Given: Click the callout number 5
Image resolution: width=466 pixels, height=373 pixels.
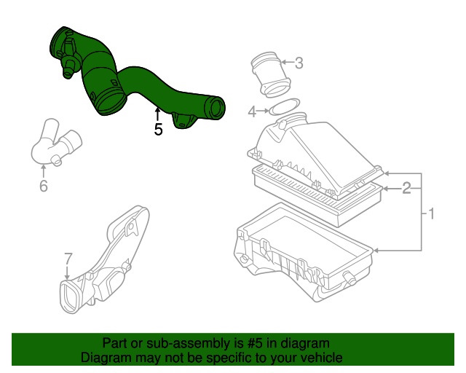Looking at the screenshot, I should (x=158, y=130).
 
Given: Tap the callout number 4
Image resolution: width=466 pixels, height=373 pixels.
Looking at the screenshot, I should (x=252, y=111).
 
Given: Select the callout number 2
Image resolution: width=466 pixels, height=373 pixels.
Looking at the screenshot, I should (x=407, y=188).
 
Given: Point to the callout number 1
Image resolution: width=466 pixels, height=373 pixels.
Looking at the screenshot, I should (x=431, y=214).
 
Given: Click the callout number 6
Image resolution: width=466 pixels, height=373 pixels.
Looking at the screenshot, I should (x=43, y=186).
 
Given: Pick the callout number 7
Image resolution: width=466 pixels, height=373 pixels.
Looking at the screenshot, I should (x=68, y=259).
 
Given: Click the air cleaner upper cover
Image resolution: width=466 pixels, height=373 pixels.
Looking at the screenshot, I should (x=313, y=153).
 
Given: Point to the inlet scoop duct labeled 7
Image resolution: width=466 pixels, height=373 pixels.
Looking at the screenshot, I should (x=109, y=262).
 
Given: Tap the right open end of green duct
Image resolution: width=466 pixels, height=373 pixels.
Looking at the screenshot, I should (x=214, y=108).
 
